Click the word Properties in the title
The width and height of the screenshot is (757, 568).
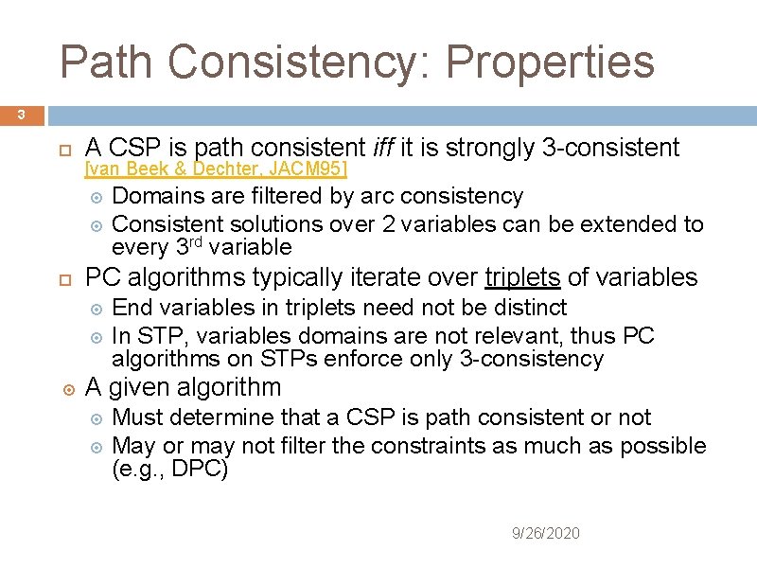[550, 62]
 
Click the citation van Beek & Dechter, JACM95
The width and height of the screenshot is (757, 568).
[217, 169]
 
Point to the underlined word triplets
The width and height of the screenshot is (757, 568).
[522, 277]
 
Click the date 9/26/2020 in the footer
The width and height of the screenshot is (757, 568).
[545, 534]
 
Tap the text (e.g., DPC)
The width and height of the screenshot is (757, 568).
[169, 470]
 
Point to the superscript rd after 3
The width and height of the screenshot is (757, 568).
[194, 243]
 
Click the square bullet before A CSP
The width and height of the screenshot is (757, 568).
[65, 150]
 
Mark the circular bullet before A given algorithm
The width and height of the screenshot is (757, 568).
[65, 388]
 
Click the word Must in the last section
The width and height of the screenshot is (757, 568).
[137, 417]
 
